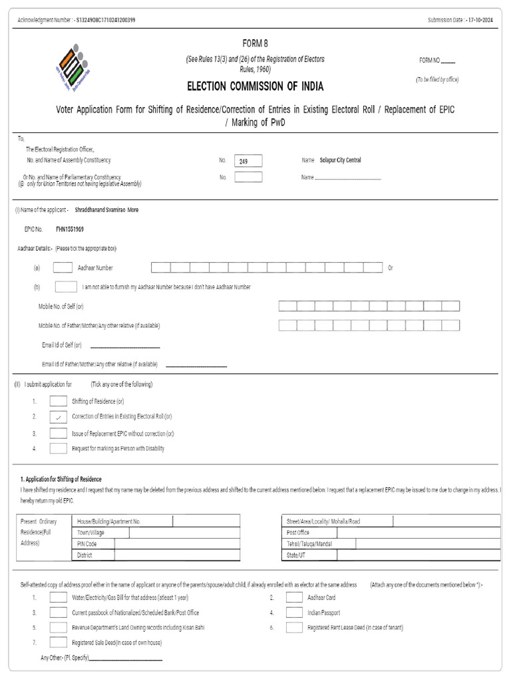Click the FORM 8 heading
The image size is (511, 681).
pyautogui.click(x=255, y=44)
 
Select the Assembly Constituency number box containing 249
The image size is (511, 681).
pyautogui.click(x=248, y=161)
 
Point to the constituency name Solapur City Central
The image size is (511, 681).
pyautogui.click(x=340, y=160)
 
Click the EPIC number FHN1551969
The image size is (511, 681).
pyautogui.click(x=70, y=229)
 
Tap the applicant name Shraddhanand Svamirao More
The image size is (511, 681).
pyautogui.click(x=106, y=209)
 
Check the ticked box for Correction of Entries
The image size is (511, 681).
pyautogui.click(x=59, y=417)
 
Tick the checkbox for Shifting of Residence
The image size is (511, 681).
pyautogui.click(x=59, y=401)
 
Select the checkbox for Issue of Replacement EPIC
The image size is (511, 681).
pyautogui.click(x=59, y=433)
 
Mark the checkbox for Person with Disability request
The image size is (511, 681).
pyautogui.click(x=59, y=448)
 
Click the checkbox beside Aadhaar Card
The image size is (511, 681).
pyautogui.click(x=294, y=597)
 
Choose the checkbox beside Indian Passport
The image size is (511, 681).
pyautogui.click(x=294, y=613)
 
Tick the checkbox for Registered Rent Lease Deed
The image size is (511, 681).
pyautogui.click(x=294, y=627)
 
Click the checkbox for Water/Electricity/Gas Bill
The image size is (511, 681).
pyautogui.click(x=59, y=597)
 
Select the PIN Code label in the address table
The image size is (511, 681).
pyautogui.click(x=87, y=544)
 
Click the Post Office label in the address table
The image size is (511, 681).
pyautogui.click(x=298, y=533)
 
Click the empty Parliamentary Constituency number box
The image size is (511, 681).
pyautogui.click(x=248, y=177)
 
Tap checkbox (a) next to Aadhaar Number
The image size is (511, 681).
pyautogui.click(x=63, y=267)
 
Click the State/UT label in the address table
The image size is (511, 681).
pyautogui.click(x=296, y=555)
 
